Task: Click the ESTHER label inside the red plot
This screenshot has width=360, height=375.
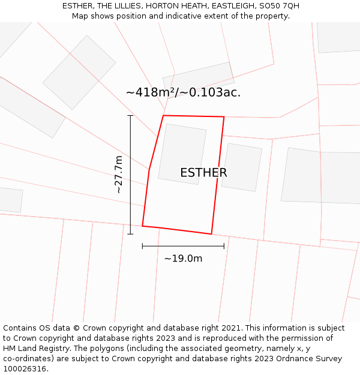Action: point(203,173)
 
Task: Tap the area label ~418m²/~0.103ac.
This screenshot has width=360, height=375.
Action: point(183,92)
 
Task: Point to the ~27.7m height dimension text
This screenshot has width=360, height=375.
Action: point(118,174)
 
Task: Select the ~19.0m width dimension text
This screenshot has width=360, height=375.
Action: point(183,259)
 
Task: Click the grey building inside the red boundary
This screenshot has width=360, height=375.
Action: point(182,154)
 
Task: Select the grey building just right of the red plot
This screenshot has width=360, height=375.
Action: point(242,167)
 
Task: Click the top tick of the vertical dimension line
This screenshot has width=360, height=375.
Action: point(130,115)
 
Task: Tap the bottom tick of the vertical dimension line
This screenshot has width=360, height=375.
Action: point(130,234)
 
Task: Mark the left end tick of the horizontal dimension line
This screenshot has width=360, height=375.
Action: point(142,246)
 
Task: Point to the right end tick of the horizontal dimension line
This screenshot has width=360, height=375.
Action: point(224,246)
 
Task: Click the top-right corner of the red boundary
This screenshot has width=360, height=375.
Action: point(224,117)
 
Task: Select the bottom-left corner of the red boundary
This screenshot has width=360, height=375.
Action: point(142,226)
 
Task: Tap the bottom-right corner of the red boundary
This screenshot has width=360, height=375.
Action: point(211,234)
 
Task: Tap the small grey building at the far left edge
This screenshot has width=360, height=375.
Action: point(10,200)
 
